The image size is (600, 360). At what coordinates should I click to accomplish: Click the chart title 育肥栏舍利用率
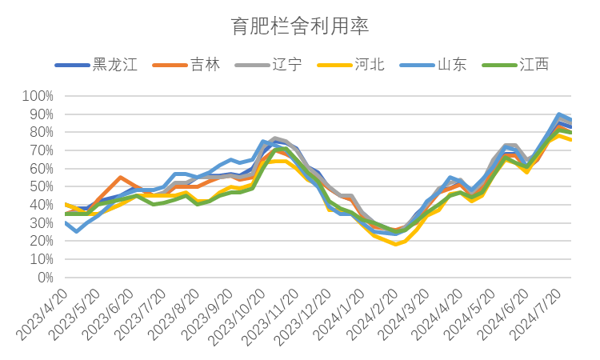click(x=300, y=26)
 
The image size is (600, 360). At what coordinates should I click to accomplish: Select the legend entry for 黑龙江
click(x=96, y=65)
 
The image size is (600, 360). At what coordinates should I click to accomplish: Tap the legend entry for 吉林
click(x=186, y=65)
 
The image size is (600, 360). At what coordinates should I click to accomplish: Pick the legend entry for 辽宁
click(x=269, y=65)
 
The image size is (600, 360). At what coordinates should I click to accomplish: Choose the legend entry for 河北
click(x=351, y=65)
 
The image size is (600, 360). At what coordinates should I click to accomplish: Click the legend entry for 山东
click(x=433, y=65)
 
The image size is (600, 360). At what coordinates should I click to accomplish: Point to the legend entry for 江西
click(x=515, y=65)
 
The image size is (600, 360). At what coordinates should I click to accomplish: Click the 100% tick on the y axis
click(x=38, y=96)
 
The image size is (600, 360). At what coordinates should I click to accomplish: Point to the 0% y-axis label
click(x=45, y=278)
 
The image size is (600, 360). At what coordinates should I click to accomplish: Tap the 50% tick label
click(x=42, y=186)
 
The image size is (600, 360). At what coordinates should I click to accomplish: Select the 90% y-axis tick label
click(x=42, y=114)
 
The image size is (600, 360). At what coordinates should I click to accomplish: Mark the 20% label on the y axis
click(x=42, y=241)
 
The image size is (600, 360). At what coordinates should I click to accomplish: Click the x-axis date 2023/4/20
click(x=43, y=314)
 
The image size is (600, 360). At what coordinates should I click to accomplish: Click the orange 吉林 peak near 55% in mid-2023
click(x=120, y=178)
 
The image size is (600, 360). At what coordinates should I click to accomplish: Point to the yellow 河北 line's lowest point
click(x=396, y=244)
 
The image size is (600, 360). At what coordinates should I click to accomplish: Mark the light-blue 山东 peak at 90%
click(x=559, y=114)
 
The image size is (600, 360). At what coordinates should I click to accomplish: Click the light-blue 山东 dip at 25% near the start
click(x=77, y=231)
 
